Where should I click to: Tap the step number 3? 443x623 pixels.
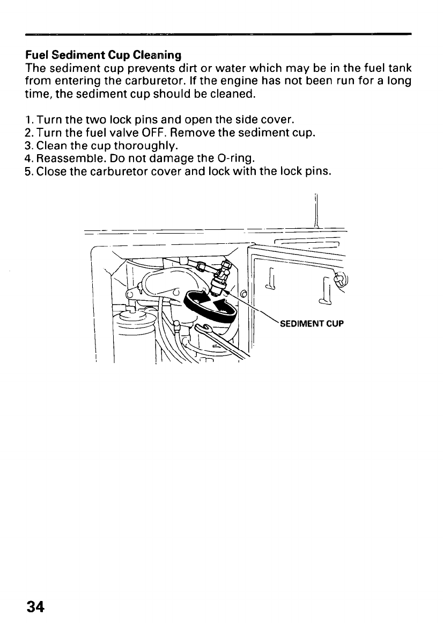click(29, 146)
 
